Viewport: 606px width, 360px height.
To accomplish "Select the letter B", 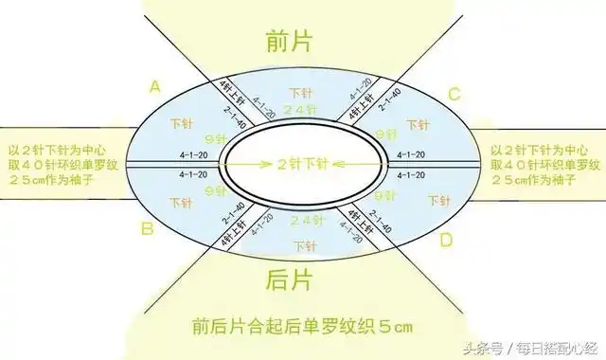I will coord(148,227).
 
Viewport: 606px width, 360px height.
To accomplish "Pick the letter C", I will coord(454,93).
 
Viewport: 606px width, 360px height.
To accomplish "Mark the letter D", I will coord(445,241).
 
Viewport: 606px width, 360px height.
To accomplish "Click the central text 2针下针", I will coord(302,164).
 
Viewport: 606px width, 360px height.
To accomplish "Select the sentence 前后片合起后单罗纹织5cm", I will coord(302,328).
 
